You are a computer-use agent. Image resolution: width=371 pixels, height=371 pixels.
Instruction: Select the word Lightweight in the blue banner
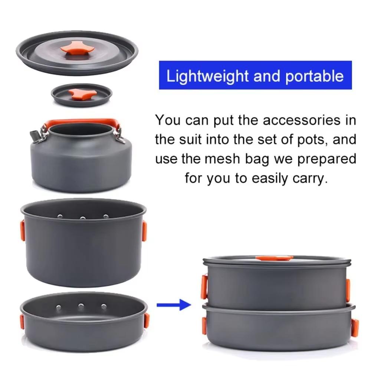(x=207, y=76)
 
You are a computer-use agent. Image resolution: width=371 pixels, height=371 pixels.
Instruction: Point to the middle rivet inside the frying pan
(x=81, y=306)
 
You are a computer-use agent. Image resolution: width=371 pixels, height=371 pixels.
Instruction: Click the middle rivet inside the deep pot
(x=83, y=218)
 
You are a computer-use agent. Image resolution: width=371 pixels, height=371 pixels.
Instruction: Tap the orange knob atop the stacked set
(x=274, y=258)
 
